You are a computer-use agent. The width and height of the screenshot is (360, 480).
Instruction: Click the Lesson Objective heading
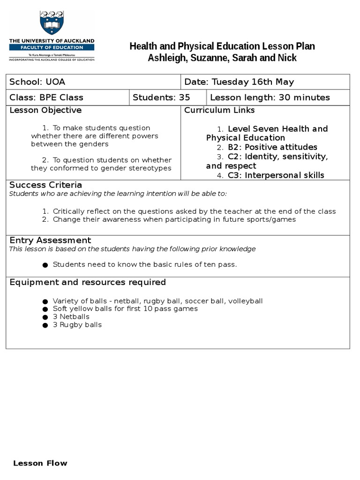45,110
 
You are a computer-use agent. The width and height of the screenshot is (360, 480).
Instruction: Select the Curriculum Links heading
219,110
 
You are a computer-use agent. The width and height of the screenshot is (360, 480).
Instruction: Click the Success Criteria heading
46,185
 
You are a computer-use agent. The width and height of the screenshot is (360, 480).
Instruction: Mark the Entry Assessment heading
50,240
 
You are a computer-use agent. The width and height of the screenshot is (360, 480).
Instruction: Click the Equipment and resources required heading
88,282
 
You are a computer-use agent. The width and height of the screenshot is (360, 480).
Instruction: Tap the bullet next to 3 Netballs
45,317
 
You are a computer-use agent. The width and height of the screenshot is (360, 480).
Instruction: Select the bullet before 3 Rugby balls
45,325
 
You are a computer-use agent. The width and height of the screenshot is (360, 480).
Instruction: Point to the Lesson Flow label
40,463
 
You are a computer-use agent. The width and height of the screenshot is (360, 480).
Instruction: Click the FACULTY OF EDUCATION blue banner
52,47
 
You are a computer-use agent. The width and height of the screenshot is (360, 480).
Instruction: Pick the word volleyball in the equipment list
246,301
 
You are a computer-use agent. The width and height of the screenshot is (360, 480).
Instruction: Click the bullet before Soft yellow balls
45,309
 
